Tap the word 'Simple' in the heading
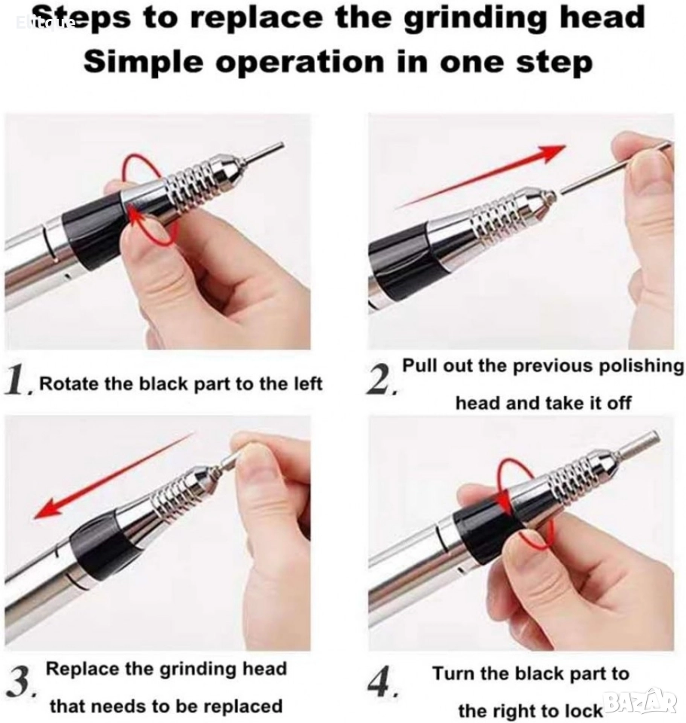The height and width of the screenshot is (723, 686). point(143,62)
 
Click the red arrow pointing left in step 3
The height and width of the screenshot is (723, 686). point(115,474)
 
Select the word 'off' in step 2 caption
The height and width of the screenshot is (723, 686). point(619,403)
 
